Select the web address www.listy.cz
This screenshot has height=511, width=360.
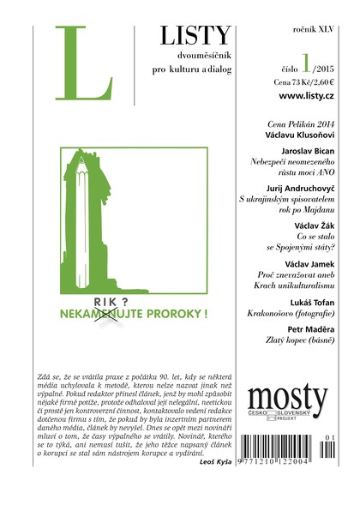[299, 101]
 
